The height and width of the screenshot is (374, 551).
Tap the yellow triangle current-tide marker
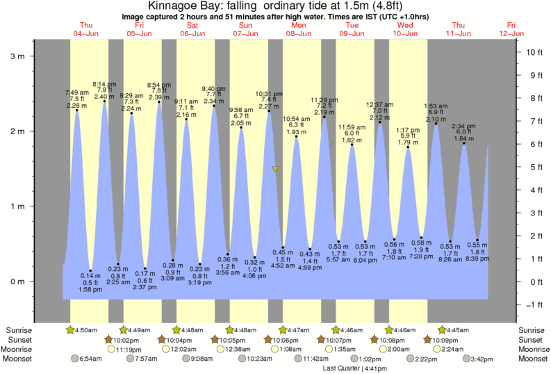(276, 169)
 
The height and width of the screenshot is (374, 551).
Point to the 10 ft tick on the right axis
(532, 52)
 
